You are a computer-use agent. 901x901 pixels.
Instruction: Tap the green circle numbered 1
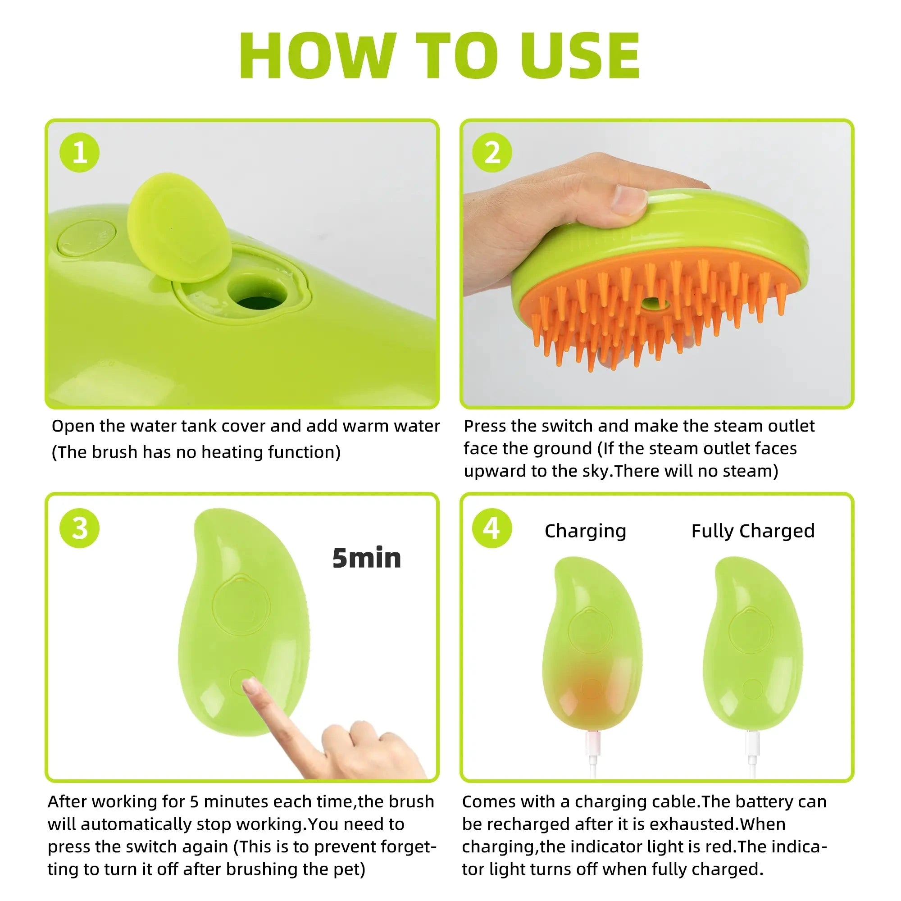click(x=79, y=153)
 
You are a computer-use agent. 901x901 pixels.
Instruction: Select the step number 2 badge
click(x=492, y=153)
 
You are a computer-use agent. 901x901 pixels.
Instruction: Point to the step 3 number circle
click(x=79, y=528)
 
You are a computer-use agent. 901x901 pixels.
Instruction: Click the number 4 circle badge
click(x=492, y=528)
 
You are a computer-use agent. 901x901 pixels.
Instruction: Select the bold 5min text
click(x=367, y=558)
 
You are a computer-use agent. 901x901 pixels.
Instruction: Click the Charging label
click(x=585, y=531)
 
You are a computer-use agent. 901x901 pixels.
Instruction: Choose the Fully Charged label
click(x=753, y=531)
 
